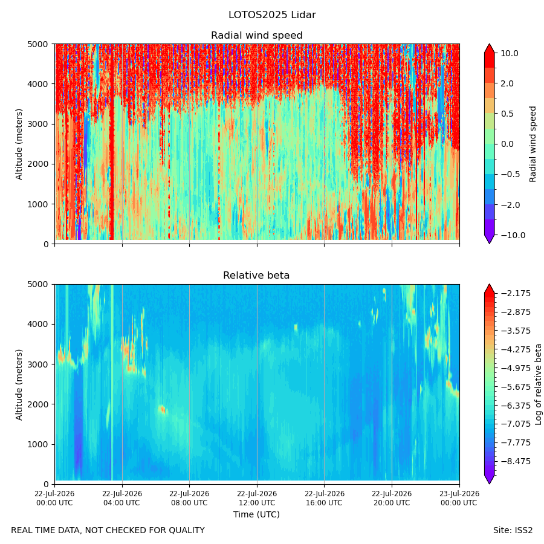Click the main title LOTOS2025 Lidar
point(272,15)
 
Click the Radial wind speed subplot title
point(257,36)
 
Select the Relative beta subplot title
point(256,276)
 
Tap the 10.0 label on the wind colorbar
point(510,53)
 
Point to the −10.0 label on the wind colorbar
point(513,235)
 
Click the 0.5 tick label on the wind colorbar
point(507,114)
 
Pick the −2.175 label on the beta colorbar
point(516,294)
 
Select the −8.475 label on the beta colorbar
point(516,461)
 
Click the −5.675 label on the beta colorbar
point(516,387)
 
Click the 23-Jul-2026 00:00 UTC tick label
point(460,498)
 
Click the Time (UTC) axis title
point(256,514)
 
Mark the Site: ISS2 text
point(513,531)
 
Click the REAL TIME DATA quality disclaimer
point(108,531)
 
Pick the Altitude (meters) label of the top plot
point(19,144)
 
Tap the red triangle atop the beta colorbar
point(489,289)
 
